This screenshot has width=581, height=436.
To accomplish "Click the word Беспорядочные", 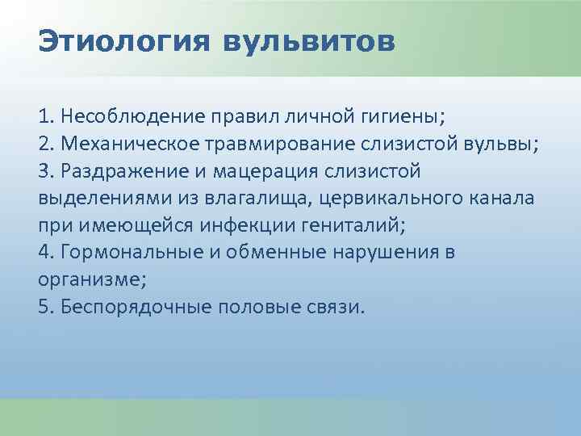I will click(x=128, y=308).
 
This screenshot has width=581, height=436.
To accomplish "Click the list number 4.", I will click(x=44, y=254).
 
